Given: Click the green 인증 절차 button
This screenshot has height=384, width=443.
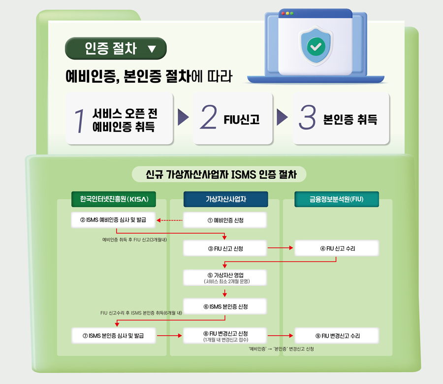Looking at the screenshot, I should (x=116, y=48).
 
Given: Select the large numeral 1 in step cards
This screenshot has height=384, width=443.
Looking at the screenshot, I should (x=79, y=120).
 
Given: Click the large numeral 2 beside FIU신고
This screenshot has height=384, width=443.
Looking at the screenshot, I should (x=209, y=118).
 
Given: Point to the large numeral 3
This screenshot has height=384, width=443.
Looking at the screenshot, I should (x=307, y=118).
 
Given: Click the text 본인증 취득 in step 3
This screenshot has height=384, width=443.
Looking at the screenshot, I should (x=350, y=119).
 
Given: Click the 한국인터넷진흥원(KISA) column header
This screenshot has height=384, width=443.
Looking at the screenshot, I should (x=114, y=199).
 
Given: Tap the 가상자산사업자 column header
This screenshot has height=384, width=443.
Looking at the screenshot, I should (x=225, y=199).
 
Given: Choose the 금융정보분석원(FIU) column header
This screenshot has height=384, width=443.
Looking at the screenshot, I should (x=337, y=199).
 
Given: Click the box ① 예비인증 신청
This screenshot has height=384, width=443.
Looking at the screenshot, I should (x=225, y=220).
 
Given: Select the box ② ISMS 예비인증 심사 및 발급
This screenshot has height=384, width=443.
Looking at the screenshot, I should (x=114, y=220).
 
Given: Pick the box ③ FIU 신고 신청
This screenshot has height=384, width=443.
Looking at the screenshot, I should (x=225, y=249).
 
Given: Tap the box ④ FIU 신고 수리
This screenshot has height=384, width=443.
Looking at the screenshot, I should (x=337, y=249).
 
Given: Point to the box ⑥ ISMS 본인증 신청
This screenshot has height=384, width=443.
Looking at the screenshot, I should (x=225, y=307).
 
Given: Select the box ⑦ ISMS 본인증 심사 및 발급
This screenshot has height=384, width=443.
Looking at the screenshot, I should (x=114, y=336).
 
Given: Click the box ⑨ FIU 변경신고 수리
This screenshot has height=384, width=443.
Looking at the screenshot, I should (x=337, y=336).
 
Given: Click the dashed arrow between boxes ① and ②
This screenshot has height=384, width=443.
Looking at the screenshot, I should (x=170, y=220).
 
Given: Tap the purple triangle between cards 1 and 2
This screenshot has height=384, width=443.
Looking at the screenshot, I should (x=183, y=118).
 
